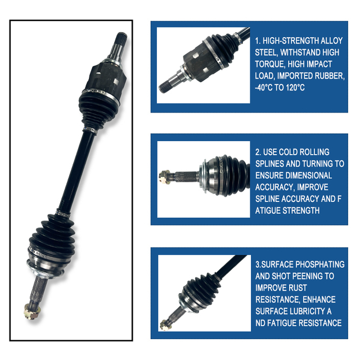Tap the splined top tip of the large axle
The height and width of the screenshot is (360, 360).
(121, 39)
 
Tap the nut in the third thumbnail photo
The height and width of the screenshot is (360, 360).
(164, 324)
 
